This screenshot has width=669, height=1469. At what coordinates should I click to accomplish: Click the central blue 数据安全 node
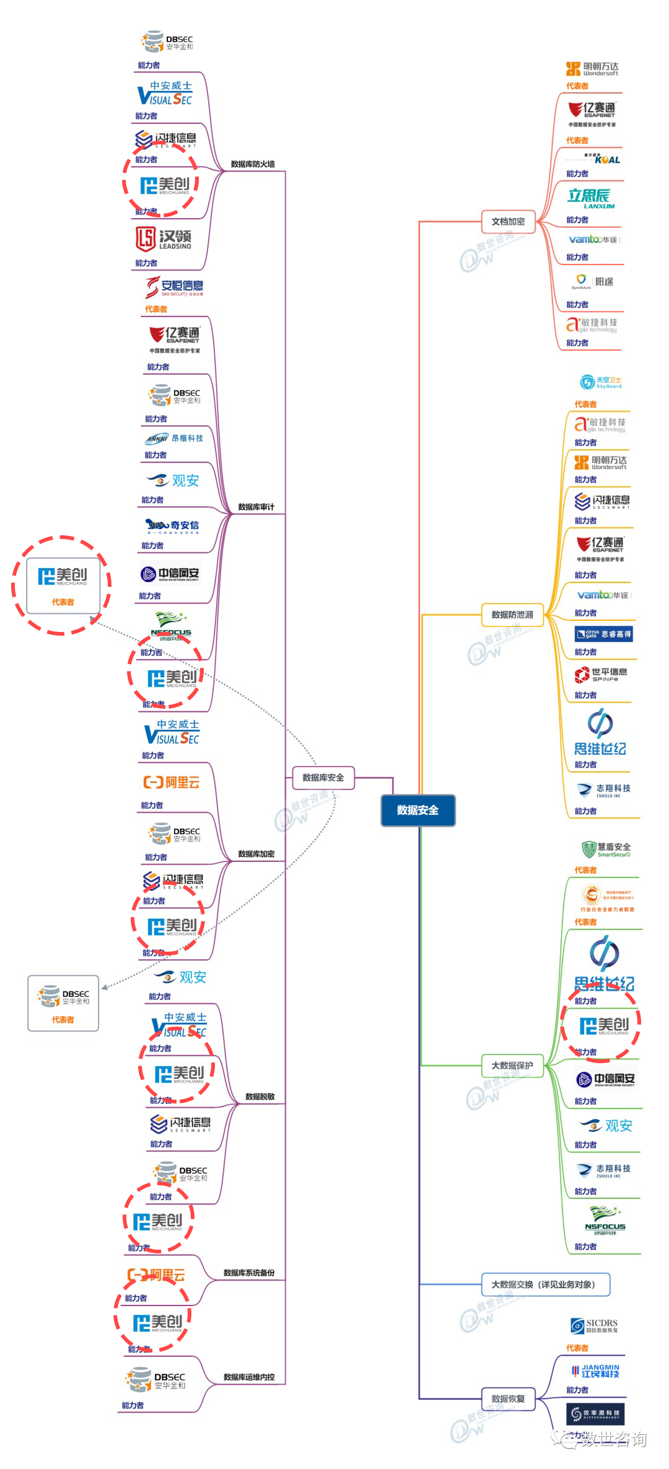point(418,810)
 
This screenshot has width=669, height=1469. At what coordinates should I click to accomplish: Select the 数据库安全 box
point(323,778)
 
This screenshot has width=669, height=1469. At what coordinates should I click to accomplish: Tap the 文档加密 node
point(508,221)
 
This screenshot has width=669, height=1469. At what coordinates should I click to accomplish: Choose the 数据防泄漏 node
point(512,615)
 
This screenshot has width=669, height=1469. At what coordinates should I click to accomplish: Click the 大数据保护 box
point(512,1066)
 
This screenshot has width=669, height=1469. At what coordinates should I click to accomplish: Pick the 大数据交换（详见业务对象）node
point(545,1284)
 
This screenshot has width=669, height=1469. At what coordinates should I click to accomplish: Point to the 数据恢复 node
point(508,1398)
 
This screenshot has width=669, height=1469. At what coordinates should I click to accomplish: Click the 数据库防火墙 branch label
point(253,164)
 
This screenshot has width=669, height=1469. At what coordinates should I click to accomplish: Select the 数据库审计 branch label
point(256,507)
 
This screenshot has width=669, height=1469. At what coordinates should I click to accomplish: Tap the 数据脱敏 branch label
point(260,1097)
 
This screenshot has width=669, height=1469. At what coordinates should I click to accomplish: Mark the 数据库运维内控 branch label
point(249,1377)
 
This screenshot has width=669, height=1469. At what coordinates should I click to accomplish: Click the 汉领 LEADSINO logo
point(164,239)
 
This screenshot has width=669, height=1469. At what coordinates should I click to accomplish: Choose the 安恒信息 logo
point(175,287)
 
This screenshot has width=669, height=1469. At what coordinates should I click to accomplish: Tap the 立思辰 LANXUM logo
point(591,198)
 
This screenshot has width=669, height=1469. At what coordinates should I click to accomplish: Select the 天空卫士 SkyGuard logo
point(601,382)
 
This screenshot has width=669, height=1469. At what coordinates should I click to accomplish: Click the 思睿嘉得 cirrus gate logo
point(603,634)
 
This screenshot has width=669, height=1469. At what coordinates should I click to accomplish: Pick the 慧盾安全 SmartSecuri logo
point(606,849)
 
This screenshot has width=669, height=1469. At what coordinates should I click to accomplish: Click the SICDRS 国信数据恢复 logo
point(594,1326)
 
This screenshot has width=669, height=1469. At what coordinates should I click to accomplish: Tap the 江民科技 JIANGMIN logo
point(595,1370)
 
